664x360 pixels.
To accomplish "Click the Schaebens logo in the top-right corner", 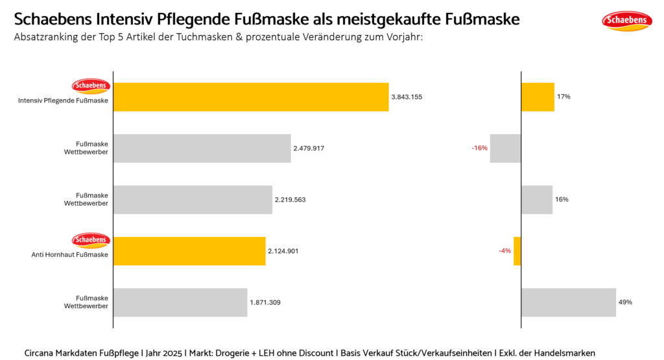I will (627, 21).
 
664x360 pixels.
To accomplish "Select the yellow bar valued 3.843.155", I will (251, 97).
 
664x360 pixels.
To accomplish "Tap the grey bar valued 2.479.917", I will (202, 149).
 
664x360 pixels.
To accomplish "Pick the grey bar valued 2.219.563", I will (193, 200).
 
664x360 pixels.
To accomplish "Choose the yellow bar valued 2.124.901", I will (189, 251).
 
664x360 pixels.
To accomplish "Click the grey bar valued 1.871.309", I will (180, 302).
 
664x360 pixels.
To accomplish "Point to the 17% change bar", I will (538, 97).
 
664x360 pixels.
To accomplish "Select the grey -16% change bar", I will (506, 149).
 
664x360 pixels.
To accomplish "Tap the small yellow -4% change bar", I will (517, 251).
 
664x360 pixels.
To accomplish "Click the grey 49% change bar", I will (568, 302).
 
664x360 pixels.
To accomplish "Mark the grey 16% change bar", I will (537, 200).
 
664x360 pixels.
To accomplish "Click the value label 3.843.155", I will (407, 97).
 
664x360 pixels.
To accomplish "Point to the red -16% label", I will (479, 149).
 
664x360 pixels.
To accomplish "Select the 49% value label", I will (625, 302).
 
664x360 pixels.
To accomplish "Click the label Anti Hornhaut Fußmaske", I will (70, 255).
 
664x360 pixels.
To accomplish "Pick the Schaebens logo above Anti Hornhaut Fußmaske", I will (91, 240).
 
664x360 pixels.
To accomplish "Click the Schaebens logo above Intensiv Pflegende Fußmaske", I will (91, 86).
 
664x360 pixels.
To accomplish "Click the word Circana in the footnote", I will (40, 352).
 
